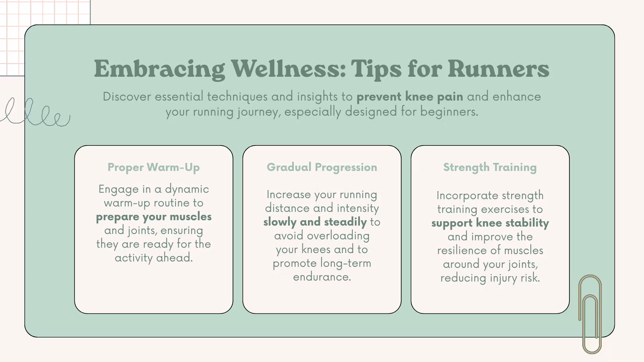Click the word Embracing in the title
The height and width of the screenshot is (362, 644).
click(x=159, y=69)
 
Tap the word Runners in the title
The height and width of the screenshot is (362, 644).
click(x=498, y=69)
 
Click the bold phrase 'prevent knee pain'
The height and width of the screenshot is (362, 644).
click(x=410, y=97)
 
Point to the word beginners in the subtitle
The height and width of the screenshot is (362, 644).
click(x=449, y=111)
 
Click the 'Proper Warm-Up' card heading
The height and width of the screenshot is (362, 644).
click(x=154, y=167)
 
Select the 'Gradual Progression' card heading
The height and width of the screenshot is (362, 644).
click(x=322, y=167)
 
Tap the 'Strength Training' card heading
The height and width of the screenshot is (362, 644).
click(x=490, y=167)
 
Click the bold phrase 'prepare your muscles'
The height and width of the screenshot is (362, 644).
click(x=154, y=217)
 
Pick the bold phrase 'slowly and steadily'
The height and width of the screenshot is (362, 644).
click(x=315, y=222)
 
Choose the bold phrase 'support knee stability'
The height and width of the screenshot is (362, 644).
click(x=490, y=223)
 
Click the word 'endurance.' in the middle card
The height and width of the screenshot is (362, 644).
click(x=322, y=277)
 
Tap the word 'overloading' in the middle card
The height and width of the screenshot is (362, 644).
click(x=338, y=236)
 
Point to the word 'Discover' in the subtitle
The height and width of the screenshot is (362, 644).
click(x=127, y=97)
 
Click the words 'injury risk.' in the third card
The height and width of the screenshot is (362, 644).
click(x=515, y=278)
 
